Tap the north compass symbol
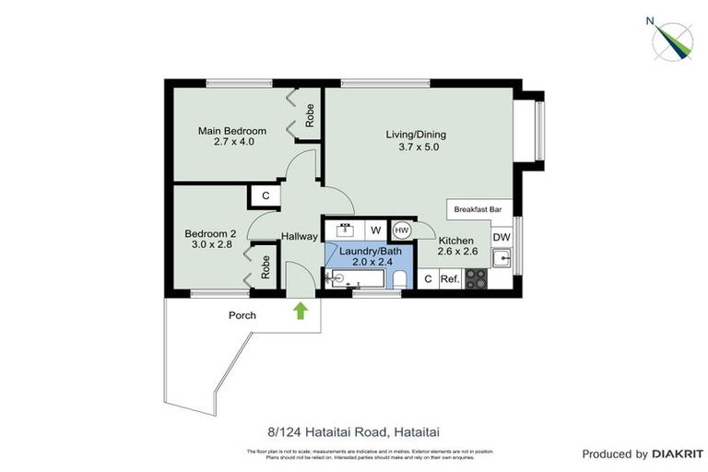[x=671, y=38]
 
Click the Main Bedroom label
[x=232, y=131]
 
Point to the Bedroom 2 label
[x=210, y=234]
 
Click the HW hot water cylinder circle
[x=402, y=230]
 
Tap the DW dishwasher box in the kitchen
[x=501, y=237]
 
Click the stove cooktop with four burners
[x=477, y=277]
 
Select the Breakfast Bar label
[x=478, y=210]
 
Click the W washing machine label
[x=375, y=230]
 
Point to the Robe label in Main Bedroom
[x=311, y=115]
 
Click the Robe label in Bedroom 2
[x=265, y=266]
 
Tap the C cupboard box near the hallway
[x=265, y=195]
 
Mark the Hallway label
[x=299, y=237]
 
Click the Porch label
[x=242, y=315]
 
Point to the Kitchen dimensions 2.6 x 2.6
[x=457, y=253]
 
